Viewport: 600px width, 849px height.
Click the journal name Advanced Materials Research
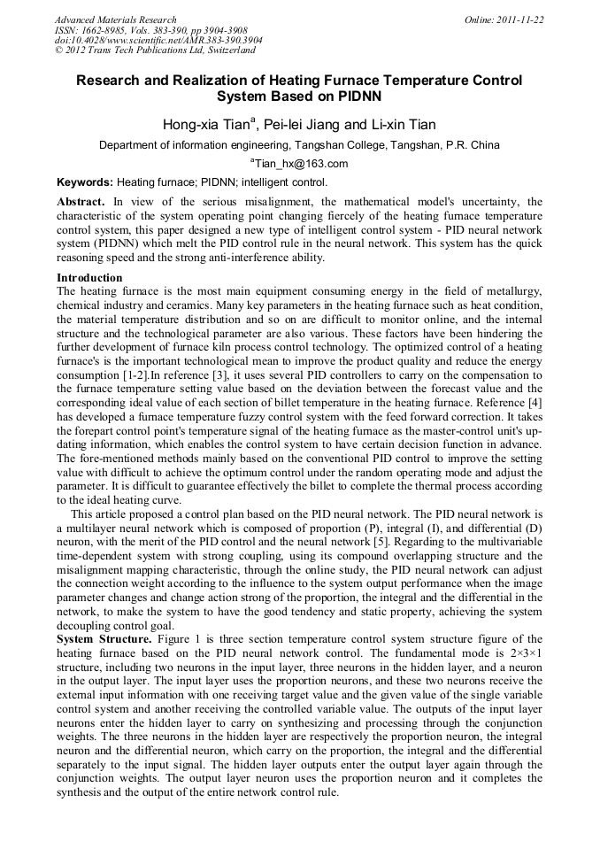[x=115, y=19]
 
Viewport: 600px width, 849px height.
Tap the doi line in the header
[x=158, y=41]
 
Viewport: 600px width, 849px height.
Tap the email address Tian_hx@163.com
[x=301, y=164]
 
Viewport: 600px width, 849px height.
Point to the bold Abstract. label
[x=81, y=202]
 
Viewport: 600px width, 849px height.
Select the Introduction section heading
[x=89, y=278]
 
